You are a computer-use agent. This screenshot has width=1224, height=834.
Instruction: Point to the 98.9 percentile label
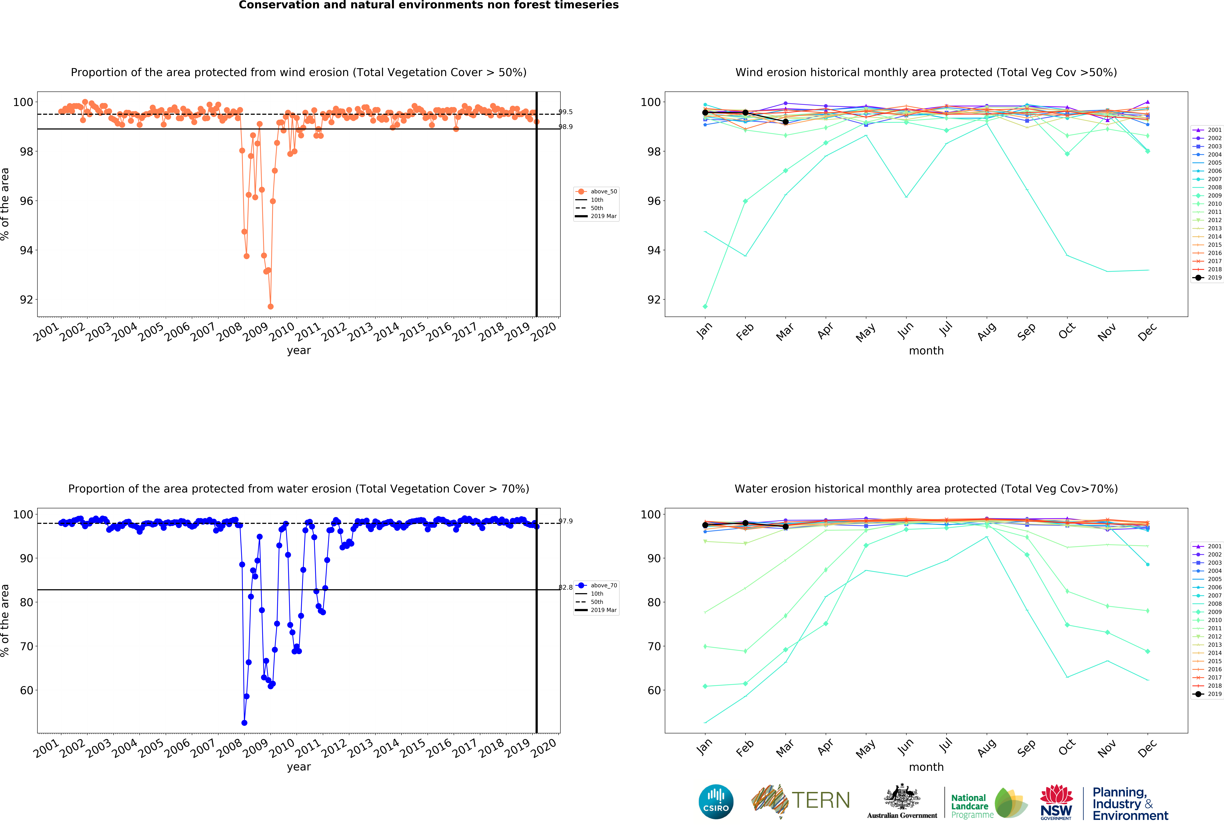click(566, 127)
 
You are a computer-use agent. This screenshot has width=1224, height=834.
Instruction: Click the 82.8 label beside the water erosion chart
click(566, 588)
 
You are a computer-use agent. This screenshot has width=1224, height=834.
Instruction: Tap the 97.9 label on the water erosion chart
click(566, 521)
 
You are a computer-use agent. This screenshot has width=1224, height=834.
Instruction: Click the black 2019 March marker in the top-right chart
click(785, 122)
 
